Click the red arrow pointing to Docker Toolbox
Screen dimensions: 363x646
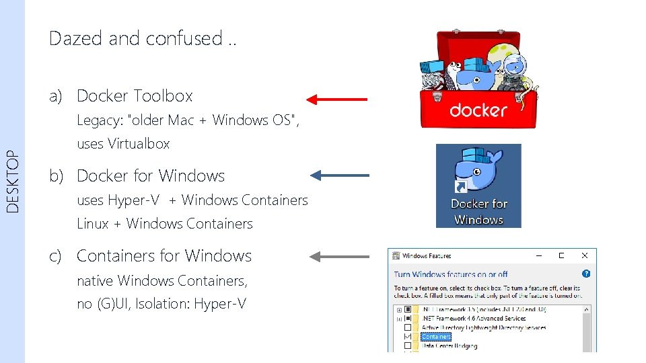point(336,99)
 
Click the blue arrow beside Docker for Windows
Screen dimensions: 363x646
point(339,176)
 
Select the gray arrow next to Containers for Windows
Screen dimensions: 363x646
point(339,256)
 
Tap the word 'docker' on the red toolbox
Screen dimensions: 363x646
point(478,110)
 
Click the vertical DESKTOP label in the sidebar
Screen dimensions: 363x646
point(13,182)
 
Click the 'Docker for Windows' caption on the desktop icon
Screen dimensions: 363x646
point(478,211)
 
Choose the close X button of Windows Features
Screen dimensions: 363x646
point(584,256)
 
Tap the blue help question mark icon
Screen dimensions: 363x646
point(585,274)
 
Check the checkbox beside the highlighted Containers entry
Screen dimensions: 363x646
point(408,336)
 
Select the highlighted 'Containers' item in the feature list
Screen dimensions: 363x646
point(436,336)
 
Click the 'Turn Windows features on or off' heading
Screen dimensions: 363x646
point(451,274)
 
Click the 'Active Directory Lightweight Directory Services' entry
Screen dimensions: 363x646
point(483,327)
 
